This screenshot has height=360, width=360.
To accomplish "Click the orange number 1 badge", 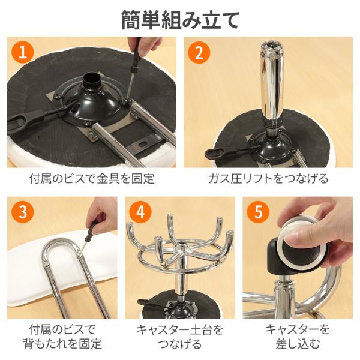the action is pos(23,52).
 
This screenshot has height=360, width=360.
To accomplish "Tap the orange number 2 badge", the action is pos(199,52).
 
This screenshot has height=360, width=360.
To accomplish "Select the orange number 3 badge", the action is pos(23,212).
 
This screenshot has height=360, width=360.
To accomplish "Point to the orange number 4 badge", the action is pos(140,212).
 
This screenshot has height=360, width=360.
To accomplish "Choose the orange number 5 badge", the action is pos(258,212).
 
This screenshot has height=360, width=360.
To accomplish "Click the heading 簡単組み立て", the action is pos(180,20).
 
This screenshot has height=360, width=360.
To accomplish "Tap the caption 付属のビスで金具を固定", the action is pos(92,179).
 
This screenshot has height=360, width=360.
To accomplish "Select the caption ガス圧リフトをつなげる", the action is pos(268,179).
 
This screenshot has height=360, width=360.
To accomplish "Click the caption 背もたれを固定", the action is pos(62,344).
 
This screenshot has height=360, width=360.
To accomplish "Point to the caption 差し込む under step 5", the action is pos(298,344).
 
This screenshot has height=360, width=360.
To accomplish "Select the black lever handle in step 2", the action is pos(215,152).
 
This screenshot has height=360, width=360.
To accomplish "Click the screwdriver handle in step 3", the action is pos(92,230).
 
